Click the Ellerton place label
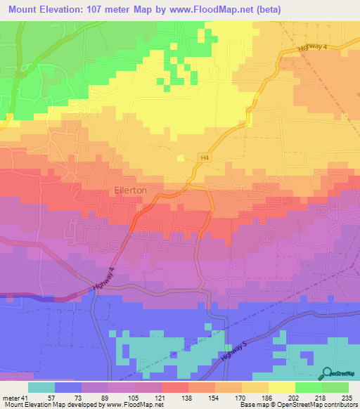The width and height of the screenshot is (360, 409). [130, 190]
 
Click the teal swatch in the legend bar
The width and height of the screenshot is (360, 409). [41, 387]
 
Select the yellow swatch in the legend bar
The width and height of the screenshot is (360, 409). [281, 387]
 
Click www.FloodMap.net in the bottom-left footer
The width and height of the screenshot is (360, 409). [136, 405]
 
